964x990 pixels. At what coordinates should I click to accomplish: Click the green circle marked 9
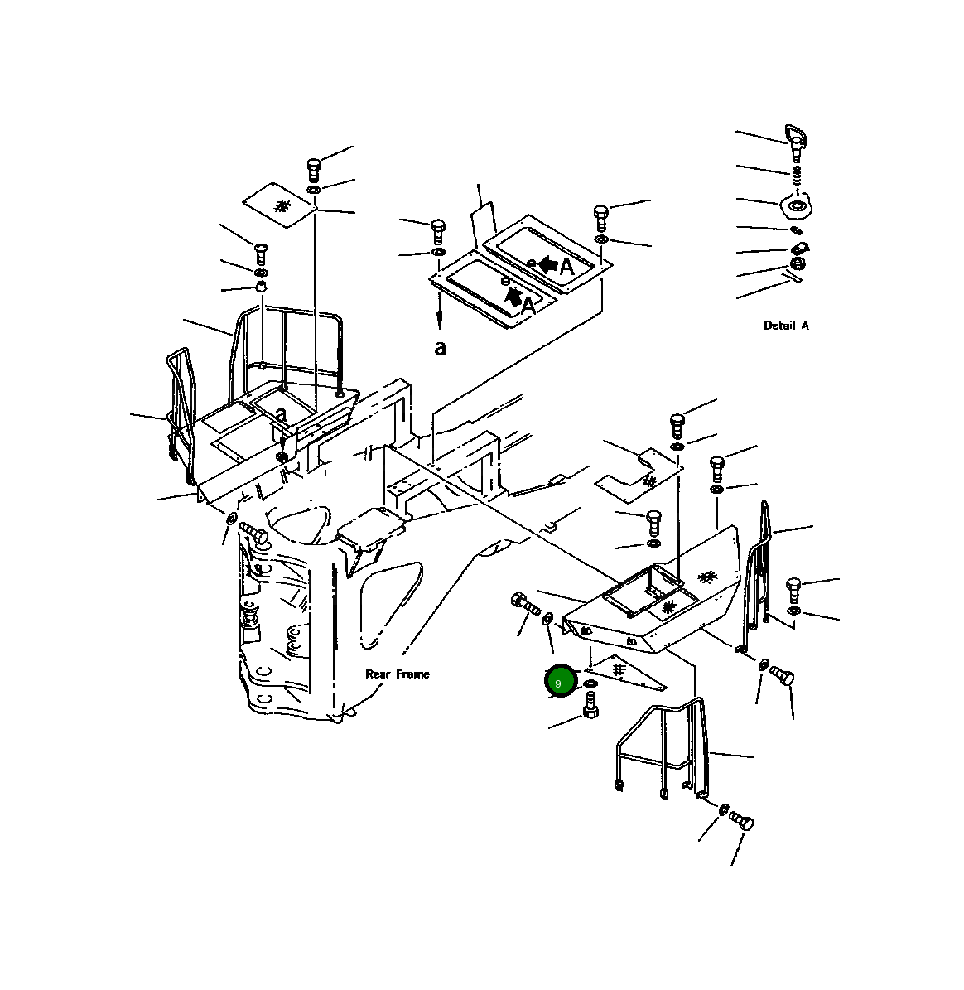point(560,682)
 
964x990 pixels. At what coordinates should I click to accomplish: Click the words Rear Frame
point(397,674)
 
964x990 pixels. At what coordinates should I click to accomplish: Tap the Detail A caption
point(785,325)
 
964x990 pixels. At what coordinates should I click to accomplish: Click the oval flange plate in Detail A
point(797,205)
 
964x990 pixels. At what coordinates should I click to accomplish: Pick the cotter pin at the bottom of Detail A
point(793,276)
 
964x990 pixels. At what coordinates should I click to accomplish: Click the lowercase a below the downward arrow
point(440,348)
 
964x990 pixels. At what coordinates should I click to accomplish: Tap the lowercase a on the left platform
point(281,415)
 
